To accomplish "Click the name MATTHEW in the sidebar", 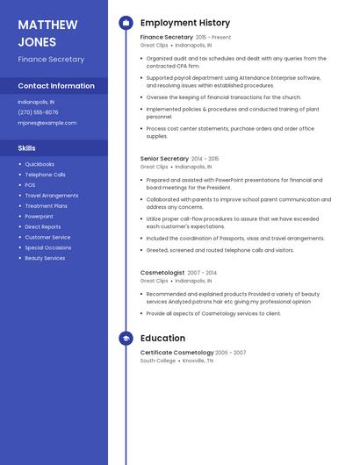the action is pos(48,24).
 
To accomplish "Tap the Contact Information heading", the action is pos(56,86).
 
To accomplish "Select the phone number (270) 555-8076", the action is pos(38,112).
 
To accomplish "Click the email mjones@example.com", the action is pos(47,123).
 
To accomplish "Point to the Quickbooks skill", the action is pos(40,164).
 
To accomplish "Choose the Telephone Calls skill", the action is pos(45,175).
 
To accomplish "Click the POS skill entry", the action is pos(30,185).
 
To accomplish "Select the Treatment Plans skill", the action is pos(46,206).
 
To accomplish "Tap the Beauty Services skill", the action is pos(45,258).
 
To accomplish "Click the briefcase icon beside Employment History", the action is pos(126,23).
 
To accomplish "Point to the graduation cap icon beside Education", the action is pos(126,338).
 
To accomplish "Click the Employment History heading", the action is pos(185,23).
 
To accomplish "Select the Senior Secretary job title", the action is pos(164,159).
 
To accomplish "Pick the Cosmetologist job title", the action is pos(162,273).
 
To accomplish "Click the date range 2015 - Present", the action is pos(213,38).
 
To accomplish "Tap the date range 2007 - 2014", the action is pos(202,273).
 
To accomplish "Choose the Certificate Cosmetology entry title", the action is pos(176,353).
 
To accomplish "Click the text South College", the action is pos(158,361).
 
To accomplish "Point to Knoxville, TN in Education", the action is pos(198,361).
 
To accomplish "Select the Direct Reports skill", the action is pos(43,226).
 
